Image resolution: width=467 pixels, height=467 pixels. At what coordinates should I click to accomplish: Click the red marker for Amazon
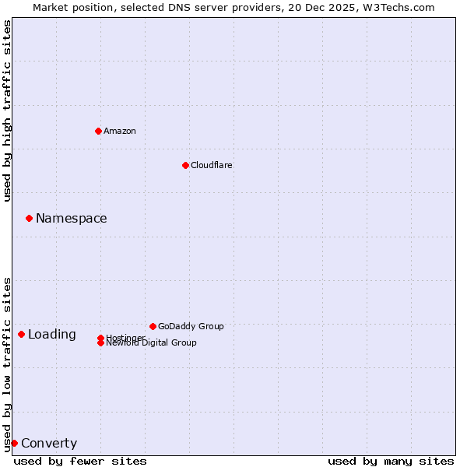(x=98, y=131)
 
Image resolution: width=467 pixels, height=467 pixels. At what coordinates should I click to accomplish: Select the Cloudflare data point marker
(x=185, y=165)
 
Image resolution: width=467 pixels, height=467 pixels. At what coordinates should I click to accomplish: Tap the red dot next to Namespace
(x=29, y=218)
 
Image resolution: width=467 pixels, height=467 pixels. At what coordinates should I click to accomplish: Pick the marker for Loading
(x=21, y=334)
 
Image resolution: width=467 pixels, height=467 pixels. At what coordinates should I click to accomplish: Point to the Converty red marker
(x=14, y=443)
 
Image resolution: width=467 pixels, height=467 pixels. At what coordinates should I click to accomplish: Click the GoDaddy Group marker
(x=153, y=326)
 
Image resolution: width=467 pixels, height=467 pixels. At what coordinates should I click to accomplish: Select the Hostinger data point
(x=100, y=338)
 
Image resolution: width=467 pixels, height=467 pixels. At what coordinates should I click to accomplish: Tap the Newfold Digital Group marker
(x=100, y=343)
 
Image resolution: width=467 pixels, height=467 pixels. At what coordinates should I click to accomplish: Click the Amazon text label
(x=120, y=131)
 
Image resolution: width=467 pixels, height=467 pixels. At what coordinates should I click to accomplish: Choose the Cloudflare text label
(x=212, y=165)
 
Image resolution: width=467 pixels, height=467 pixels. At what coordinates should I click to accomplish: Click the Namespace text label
(x=72, y=219)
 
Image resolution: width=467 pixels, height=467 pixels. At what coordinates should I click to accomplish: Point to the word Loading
(x=52, y=335)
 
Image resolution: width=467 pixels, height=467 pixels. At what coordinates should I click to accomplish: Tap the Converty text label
(x=49, y=444)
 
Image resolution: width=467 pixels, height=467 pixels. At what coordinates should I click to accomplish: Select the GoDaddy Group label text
(x=191, y=326)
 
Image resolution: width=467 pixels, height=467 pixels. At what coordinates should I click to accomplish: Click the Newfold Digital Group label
(x=152, y=343)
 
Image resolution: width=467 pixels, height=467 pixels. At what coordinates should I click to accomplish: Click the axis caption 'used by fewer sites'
(x=80, y=461)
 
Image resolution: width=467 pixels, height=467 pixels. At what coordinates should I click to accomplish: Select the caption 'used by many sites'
(x=391, y=461)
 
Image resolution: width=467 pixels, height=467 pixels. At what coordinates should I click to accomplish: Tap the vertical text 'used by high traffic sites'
(x=7, y=111)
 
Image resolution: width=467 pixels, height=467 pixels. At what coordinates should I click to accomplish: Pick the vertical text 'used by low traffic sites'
(x=7, y=363)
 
